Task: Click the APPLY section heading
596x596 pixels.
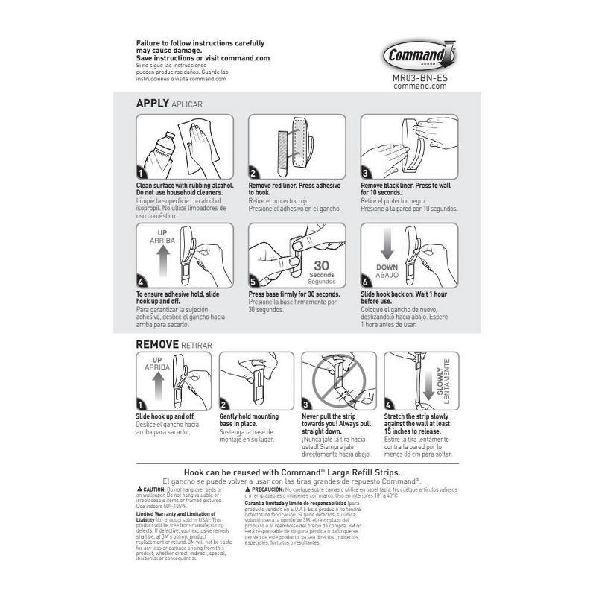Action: (x=152, y=103)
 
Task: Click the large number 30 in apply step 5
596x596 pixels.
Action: (x=321, y=265)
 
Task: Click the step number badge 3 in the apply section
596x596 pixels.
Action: (x=367, y=173)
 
